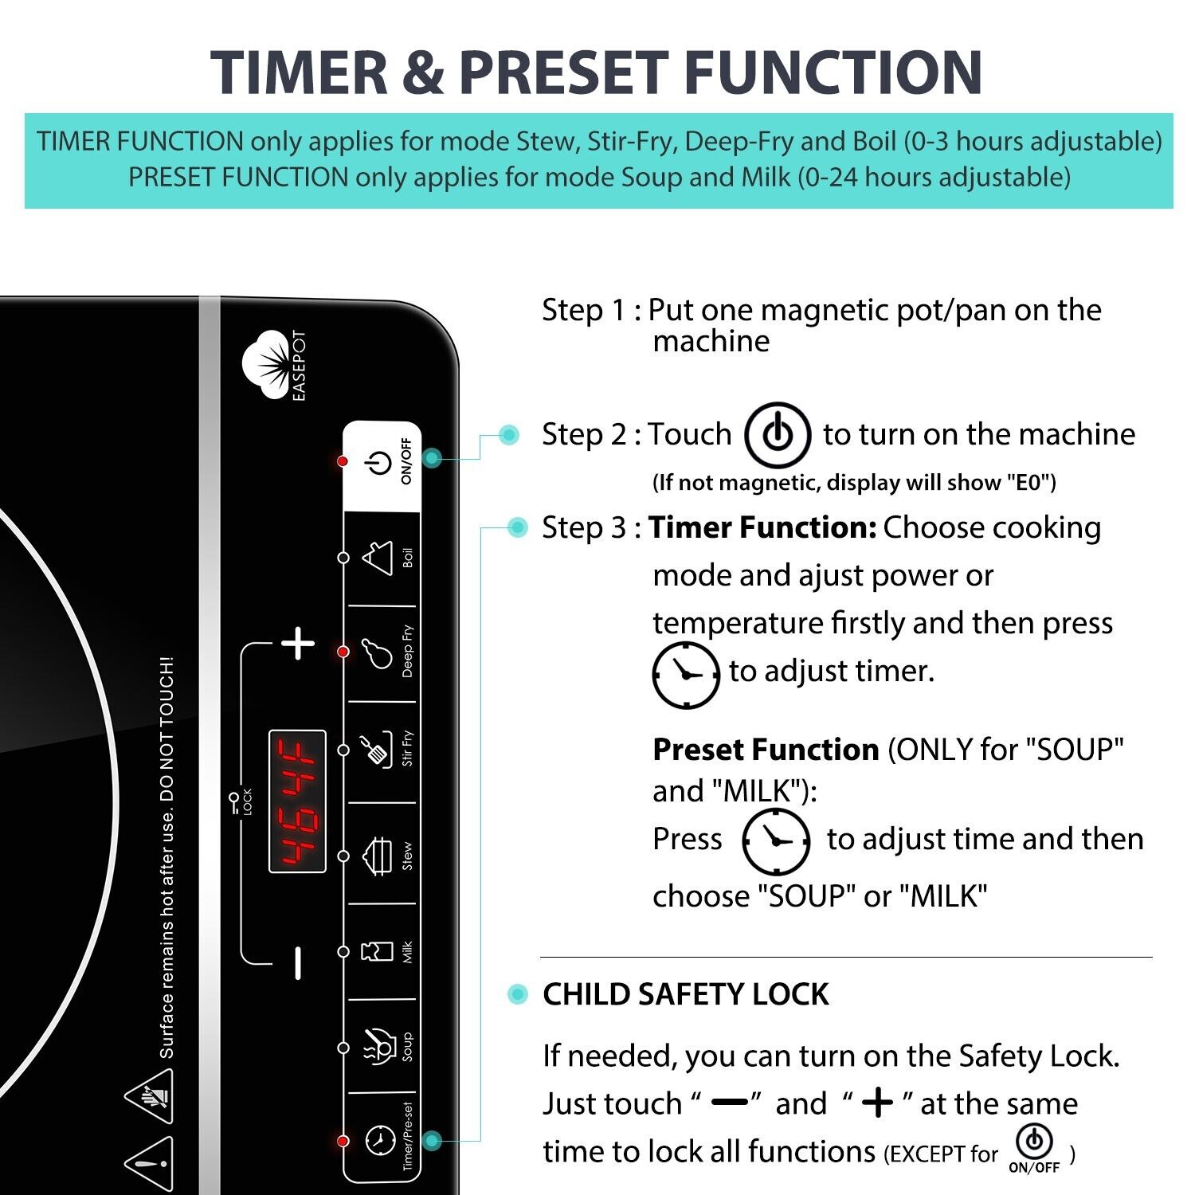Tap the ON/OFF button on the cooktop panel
tap(379, 463)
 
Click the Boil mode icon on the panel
tap(378, 557)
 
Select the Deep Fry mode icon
tap(378, 652)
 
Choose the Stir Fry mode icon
tap(377, 749)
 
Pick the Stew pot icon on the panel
tap(378, 856)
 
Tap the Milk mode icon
tap(378, 951)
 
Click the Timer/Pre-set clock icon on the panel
tap(380, 1140)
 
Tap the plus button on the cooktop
tap(298, 643)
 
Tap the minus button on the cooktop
tap(297, 962)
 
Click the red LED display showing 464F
tap(297, 801)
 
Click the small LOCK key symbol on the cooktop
tap(235, 800)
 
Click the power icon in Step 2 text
tap(778, 435)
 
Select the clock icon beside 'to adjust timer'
tap(685, 674)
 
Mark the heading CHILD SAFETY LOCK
tap(685, 994)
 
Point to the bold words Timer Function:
tap(762, 527)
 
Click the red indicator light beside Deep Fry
tap(343, 652)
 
